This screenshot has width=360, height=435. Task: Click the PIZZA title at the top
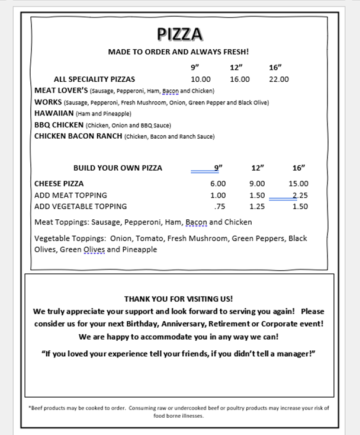tap(179, 34)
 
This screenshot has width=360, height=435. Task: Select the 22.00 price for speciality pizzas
tap(279, 79)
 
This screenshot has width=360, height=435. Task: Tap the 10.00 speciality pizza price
tap(201, 79)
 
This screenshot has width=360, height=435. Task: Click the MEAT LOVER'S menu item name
tap(61, 91)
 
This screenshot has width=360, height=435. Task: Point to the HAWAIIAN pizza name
tap(54, 113)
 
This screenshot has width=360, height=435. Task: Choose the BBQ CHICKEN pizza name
tap(59, 125)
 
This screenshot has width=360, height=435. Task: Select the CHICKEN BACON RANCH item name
tap(78, 136)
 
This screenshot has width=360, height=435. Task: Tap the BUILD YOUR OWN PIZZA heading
tap(117, 168)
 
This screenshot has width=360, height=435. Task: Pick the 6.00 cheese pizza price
tap(218, 184)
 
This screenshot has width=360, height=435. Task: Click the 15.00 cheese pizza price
tap(298, 184)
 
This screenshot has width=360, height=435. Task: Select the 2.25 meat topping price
tap(300, 196)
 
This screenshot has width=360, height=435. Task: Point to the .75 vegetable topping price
tap(220, 207)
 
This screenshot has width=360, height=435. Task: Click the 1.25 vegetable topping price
tap(257, 207)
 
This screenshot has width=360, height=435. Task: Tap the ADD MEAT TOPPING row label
tap(70, 196)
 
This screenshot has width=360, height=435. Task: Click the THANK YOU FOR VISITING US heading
tap(178, 299)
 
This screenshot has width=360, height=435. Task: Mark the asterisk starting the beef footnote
tap(30, 408)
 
